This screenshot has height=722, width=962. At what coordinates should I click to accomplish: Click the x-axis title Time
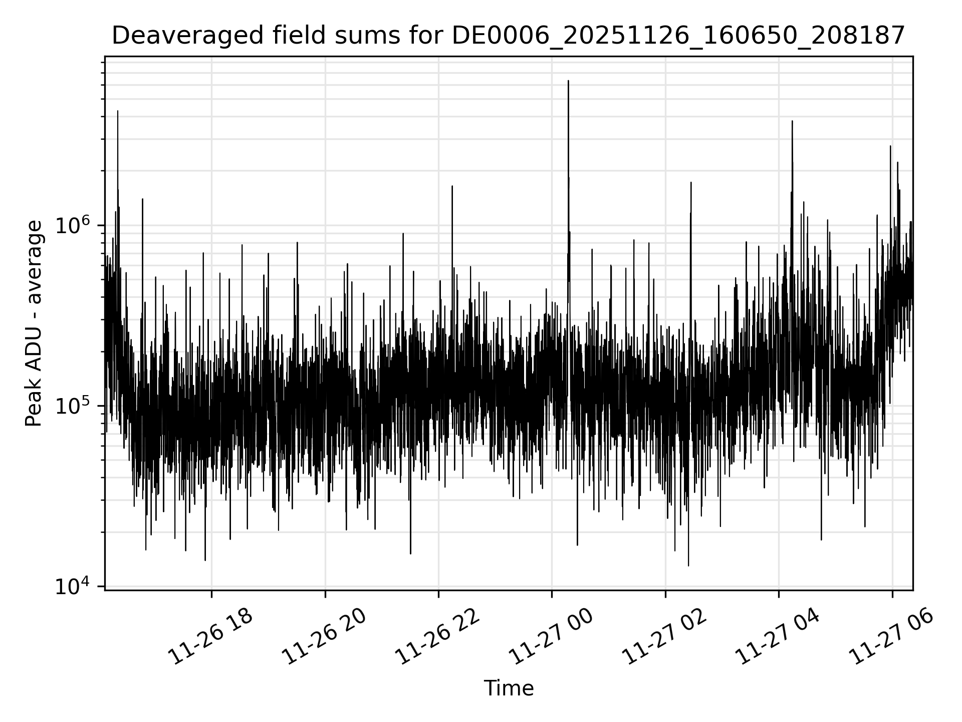[x=509, y=688]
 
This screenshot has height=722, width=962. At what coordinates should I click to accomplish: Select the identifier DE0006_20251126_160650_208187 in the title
[x=678, y=36]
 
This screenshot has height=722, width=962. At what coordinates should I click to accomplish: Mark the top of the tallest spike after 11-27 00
[x=568, y=81]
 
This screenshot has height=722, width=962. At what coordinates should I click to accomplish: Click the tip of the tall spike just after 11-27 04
[x=792, y=121]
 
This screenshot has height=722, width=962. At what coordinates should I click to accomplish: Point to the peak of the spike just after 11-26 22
[x=452, y=186]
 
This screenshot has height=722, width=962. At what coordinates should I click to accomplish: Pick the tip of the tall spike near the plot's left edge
[x=118, y=111]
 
